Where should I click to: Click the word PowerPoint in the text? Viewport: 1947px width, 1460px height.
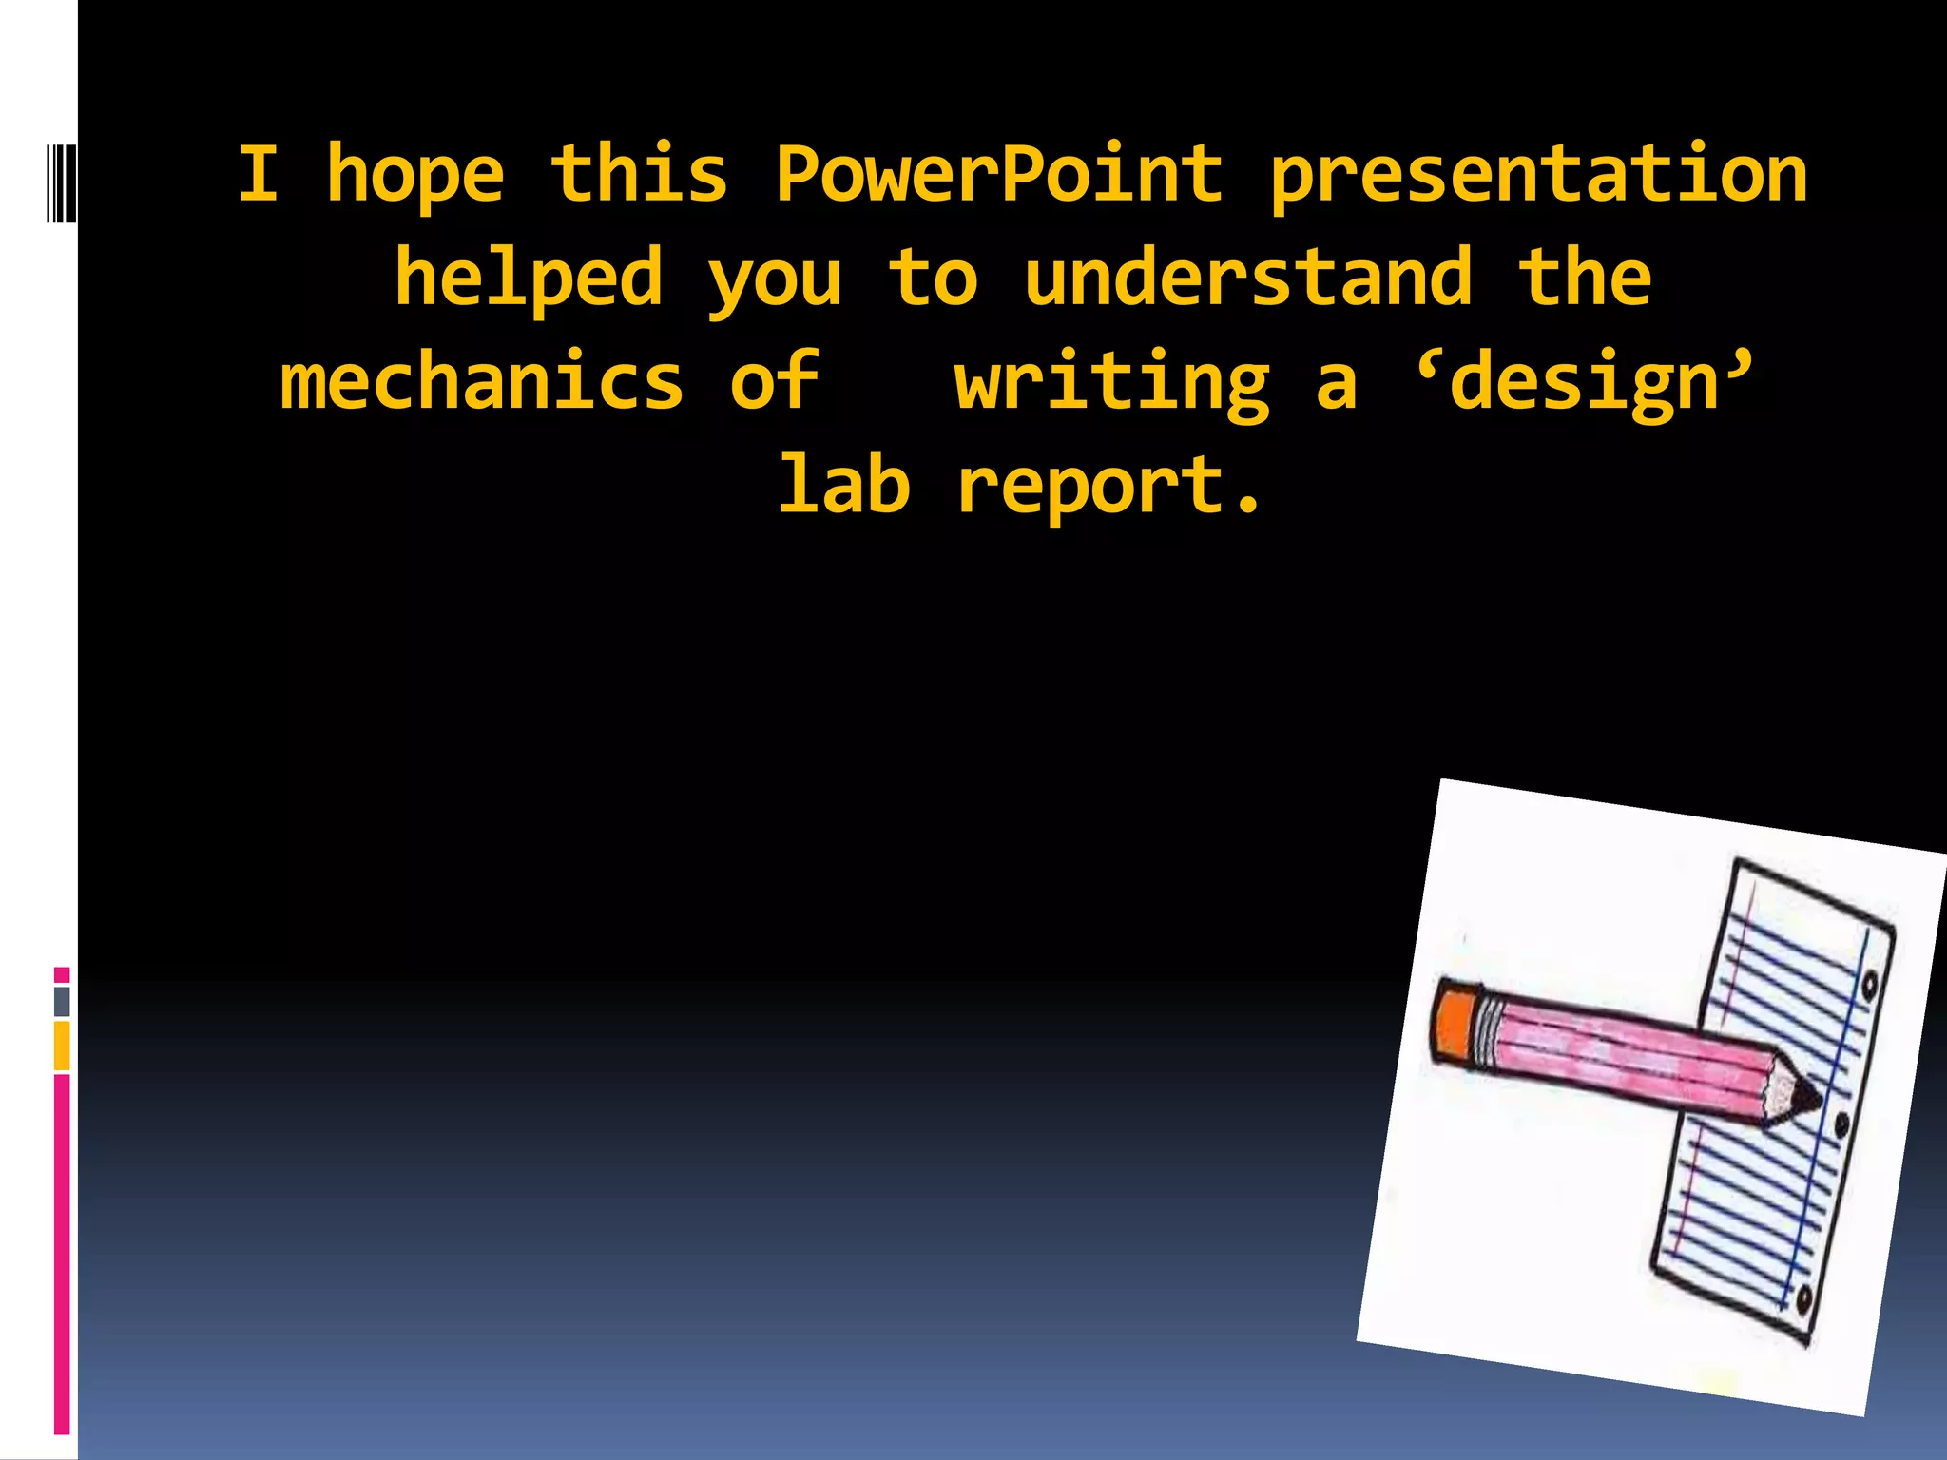point(998,176)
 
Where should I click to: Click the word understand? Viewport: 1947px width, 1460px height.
point(1247,278)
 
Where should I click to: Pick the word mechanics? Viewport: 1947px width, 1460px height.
point(481,382)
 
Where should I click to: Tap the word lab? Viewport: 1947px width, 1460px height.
point(844,486)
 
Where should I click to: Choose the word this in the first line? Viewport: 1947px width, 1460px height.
point(640,176)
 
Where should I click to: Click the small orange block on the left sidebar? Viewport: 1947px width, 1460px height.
point(62,1046)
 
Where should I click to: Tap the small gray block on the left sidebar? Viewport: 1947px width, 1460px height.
point(62,1001)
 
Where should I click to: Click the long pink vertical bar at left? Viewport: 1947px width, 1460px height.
point(62,1255)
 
